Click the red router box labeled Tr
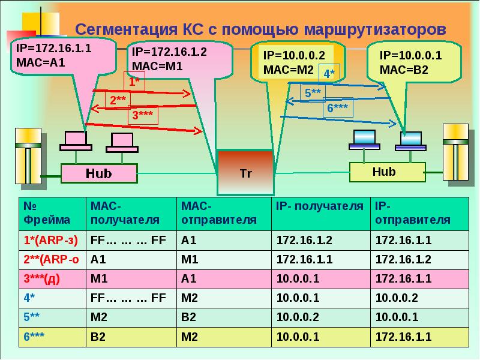(x=245, y=172)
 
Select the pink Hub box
(x=99, y=173)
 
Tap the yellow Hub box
(x=387, y=172)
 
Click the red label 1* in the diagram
(x=134, y=82)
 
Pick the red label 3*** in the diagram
(x=143, y=115)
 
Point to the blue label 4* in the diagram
(x=329, y=74)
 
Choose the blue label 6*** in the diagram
(x=338, y=108)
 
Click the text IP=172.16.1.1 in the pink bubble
(x=54, y=49)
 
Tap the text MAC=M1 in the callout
(x=157, y=66)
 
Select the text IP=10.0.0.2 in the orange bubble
(x=294, y=55)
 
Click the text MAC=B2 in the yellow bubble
(x=404, y=70)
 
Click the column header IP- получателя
(x=320, y=206)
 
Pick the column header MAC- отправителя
(x=218, y=213)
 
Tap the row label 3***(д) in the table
(x=41, y=279)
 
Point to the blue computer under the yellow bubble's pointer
(x=410, y=141)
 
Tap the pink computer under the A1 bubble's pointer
(x=76, y=141)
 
